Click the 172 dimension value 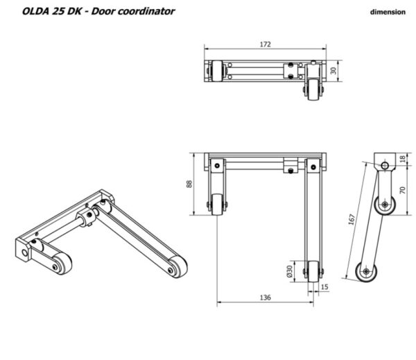266,44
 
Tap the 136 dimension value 266,298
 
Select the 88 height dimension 189,184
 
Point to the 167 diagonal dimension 352,219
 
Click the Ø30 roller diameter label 289,271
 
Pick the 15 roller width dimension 324,286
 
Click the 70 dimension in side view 402,190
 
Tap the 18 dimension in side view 402,159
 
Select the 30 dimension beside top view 333,71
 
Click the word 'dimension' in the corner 388,12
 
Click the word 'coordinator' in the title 146,11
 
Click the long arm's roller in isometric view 177,267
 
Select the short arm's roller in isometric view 62,263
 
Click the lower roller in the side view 366,271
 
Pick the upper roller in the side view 385,205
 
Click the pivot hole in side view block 385,166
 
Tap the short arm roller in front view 217,205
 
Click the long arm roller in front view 313,271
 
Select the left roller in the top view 217,71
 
